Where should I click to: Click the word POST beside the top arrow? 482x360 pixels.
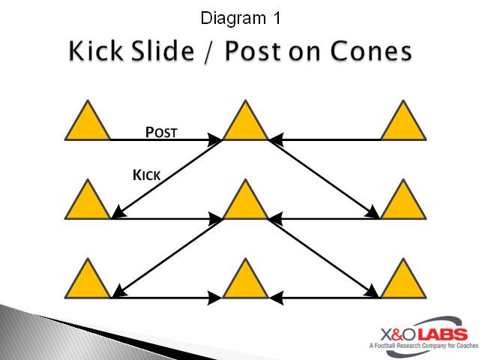tap(160, 133)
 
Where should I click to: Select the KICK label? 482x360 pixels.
tap(146, 175)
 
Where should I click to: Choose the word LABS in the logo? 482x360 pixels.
tap(443, 334)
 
